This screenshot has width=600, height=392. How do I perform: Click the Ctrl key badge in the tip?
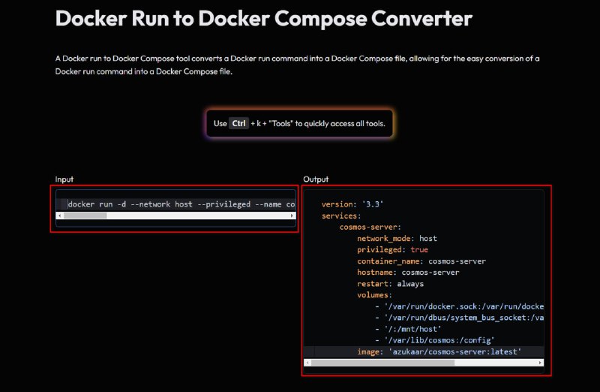[x=238, y=123]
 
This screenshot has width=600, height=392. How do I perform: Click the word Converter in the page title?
[x=421, y=18]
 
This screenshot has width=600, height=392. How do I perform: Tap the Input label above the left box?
[x=64, y=179]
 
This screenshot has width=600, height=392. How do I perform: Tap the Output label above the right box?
[x=316, y=179]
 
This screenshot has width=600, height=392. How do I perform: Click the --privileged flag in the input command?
[x=223, y=204]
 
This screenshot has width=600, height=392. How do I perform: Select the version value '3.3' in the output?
[x=372, y=204]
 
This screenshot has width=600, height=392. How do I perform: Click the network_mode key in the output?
[x=383, y=239]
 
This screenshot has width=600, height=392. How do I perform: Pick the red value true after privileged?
[x=419, y=250]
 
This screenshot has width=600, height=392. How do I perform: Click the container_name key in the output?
[x=388, y=261]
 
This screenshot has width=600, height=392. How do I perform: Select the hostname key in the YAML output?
[x=374, y=273]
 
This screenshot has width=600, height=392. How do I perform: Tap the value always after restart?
[x=410, y=284]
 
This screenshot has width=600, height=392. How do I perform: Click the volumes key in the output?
[x=372, y=295]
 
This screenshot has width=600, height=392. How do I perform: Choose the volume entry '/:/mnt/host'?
[x=413, y=329]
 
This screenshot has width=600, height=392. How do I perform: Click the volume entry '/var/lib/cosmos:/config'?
[x=439, y=340]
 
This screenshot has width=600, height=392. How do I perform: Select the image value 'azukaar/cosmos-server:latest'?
[x=455, y=351]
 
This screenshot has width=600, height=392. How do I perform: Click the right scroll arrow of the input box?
[x=292, y=216]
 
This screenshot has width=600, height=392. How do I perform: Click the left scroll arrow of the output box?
[x=307, y=363]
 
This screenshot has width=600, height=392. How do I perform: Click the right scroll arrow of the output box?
[x=540, y=363]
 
